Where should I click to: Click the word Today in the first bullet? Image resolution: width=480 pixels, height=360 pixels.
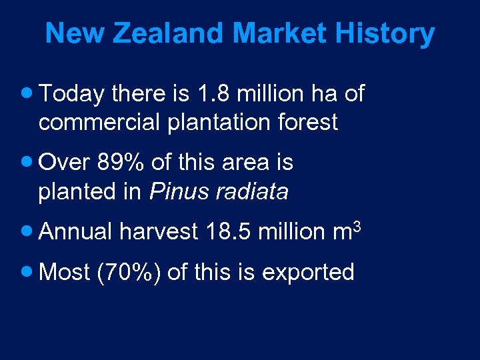[x=72, y=95]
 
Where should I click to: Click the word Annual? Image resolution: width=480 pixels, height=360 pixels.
[x=77, y=232]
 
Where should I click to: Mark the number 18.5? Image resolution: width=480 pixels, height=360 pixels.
[x=229, y=232]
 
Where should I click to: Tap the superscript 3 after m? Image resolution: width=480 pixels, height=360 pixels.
[x=357, y=226]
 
